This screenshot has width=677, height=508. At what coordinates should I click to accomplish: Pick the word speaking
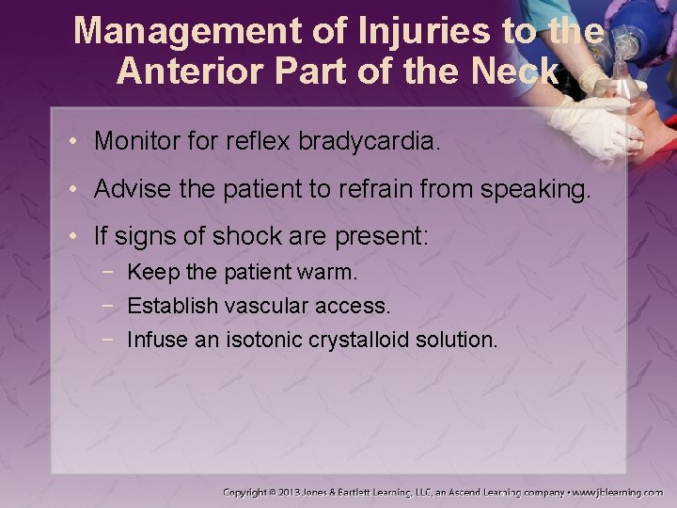click(x=536, y=190)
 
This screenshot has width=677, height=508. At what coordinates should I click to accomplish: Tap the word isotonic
click(x=265, y=340)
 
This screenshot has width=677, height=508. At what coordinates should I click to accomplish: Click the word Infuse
click(x=158, y=340)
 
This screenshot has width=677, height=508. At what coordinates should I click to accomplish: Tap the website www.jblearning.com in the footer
click(x=618, y=492)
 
